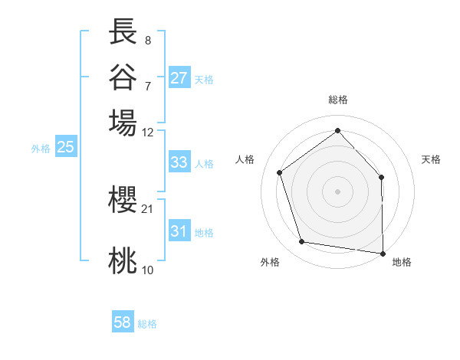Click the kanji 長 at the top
[x=123, y=32]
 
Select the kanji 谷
[x=123, y=77]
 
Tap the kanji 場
[x=123, y=123]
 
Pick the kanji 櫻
[x=123, y=201]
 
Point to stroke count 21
[x=148, y=208]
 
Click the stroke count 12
[x=148, y=132]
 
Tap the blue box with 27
[x=179, y=78]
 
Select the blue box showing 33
[x=179, y=162]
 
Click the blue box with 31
[x=179, y=231]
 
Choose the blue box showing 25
[x=65, y=148]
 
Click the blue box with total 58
[x=123, y=323]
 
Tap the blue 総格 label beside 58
[x=147, y=324]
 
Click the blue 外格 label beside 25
[x=41, y=149]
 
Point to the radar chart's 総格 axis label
[x=337, y=100]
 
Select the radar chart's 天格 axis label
[x=431, y=159]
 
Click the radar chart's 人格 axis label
[x=245, y=159]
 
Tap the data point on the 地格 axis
[x=383, y=252]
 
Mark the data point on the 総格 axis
[x=337, y=131]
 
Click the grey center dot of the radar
[x=337, y=191]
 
